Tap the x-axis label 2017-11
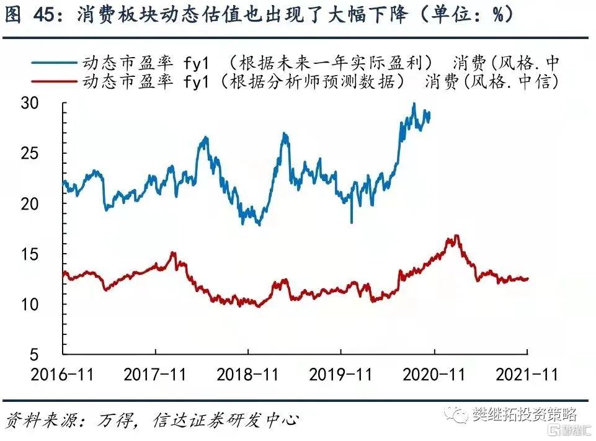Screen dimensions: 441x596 pyautogui.click(x=155, y=375)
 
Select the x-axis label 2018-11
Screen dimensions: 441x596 pyautogui.click(x=248, y=375)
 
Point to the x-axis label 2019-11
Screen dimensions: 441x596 pyautogui.click(x=341, y=375)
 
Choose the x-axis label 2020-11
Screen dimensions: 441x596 pyautogui.click(x=434, y=375)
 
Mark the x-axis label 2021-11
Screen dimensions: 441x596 pyautogui.click(x=527, y=375)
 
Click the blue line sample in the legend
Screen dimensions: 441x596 pyautogui.click(x=50, y=63)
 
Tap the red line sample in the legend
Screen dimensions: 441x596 pyautogui.click(x=50, y=81)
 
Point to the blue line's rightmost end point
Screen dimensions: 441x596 pyautogui.click(x=430, y=114)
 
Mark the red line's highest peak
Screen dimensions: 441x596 pyautogui.click(x=456, y=236)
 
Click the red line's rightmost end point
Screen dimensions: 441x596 pyautogui.click(x=528, y=278)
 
